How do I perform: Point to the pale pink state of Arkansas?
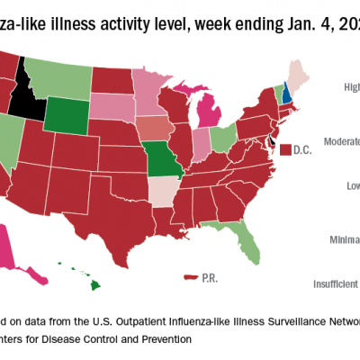click(163, 192)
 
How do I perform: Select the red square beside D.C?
click(284, 148)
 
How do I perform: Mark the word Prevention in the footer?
click(162, 339)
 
